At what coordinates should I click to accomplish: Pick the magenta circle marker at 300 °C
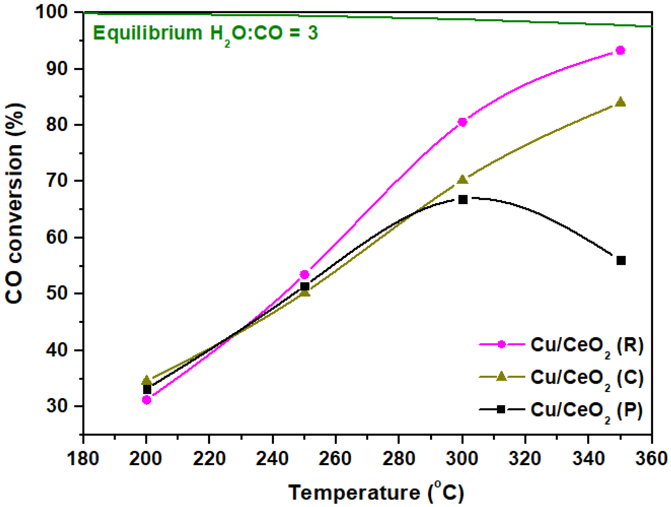[x=462, y=122]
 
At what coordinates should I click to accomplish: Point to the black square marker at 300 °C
[x=463, y=200]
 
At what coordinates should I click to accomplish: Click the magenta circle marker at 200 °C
[x=146, y=400]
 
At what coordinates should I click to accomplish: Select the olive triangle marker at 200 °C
[x=146, y=380]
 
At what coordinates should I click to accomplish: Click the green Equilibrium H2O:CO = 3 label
[x=205, y=33]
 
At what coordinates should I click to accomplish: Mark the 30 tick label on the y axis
[x=56, y=406]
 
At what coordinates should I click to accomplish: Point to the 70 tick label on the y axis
[x=56, y=181]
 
